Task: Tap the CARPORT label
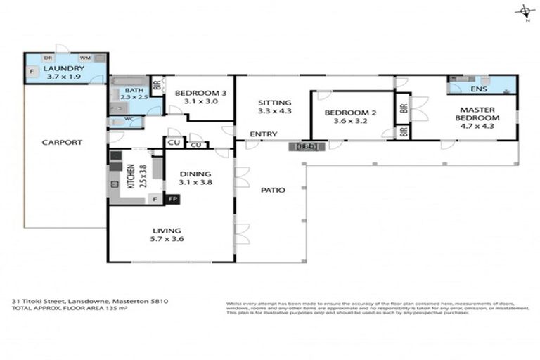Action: pyautogui.click(x=63, y=142)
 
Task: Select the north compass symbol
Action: pyautogui.click(x=524, y=11)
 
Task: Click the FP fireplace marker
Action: pyautogui.click(x=172, y=199)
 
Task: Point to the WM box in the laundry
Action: pyautogui.click(x=84, y=58)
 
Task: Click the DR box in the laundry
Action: pyautogui.click(x=49, y=58)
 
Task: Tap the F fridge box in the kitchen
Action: pyautogui.click(x=155, y=199)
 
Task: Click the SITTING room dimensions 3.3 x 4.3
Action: pyautogui.click(x=274, y=110)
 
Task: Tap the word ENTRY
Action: pyautogui.click(x=263, y=134)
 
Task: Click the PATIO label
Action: pyautogui.click(x=272, y=190)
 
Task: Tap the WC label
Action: pyautogui.click(x=129, y=120)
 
